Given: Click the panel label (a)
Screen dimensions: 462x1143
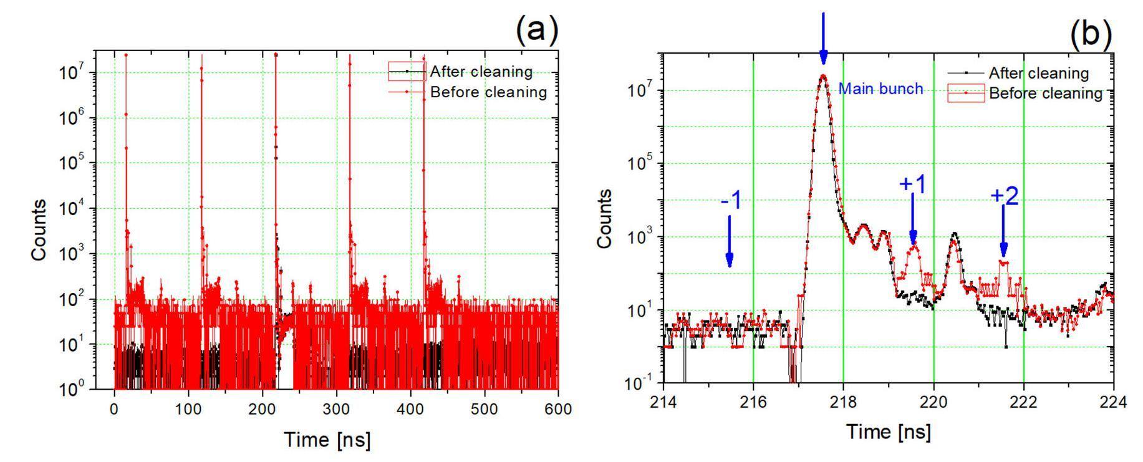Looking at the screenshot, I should point(537,29).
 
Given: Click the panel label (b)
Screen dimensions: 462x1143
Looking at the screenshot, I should point(1091,35).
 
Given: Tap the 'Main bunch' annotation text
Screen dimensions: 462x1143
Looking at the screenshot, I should point(880,89).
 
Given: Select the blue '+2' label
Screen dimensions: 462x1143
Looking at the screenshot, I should point(1004,196).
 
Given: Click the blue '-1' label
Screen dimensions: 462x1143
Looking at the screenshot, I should point(730,202).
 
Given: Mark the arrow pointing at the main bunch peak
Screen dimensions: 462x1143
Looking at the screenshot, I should point(823,37).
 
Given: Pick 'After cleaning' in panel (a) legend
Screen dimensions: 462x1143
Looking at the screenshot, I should point(481,72).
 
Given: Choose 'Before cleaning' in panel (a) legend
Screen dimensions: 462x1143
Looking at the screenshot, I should point(488,92).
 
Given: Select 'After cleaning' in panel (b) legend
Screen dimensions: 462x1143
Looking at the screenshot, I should point(1038,73).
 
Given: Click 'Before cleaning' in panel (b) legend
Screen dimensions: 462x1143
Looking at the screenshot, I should point(1046,94).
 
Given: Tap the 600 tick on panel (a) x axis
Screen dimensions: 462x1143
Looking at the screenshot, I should point(558,409).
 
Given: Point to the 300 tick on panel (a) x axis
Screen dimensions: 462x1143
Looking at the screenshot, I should point(336,409).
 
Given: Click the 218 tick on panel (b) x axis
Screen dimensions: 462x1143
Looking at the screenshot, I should point(843,402).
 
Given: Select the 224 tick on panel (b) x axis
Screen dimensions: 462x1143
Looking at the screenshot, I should point(1114,402).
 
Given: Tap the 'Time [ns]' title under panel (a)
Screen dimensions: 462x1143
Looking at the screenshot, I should point(327,440).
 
